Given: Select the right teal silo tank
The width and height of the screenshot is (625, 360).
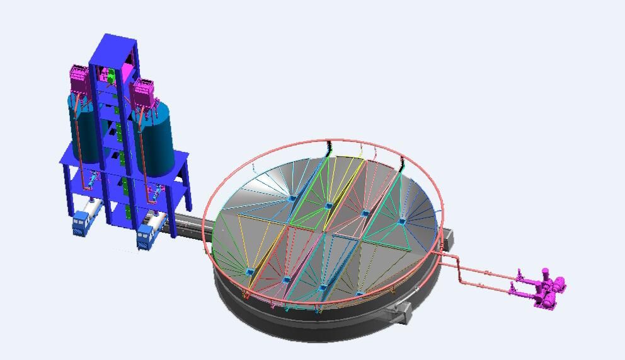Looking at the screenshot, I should pyautogui.click(x=157, y=142).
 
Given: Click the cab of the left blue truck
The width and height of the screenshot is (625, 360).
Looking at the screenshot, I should pyautogui.click(x=81, y=224).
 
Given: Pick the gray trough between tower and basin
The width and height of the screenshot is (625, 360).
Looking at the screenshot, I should pyautogui.click(x=189, y=222).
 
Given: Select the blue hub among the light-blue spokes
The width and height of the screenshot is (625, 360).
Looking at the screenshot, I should pyautogui.click(x=292, y=199).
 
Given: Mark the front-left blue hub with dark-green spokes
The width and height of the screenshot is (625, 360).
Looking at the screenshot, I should pyautogui.click(x=250, y=272).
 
